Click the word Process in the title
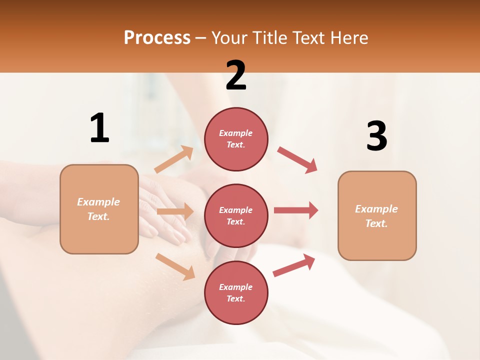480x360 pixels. pyautogui.click(x=157, y=37)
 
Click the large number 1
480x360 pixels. pyautogui.click(x=99, y=128)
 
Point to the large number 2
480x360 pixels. pyautogui.click(x=236, y=75)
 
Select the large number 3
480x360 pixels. pyautogui.click(x=376, y=136)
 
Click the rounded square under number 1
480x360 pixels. pyautogui.click(x=99, y=209)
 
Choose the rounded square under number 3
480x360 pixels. pyautogui.click(x=377, y=215)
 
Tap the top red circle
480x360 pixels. pyautogui.click(x=236, y=139)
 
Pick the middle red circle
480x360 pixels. pyautogui.click(x=236, y=215)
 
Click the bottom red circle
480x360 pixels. pyautogui.click(x=236, y=292)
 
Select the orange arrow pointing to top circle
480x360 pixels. pyautogui.click(x=174, y=159)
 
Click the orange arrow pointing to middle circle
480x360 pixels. pyautogui.click(x=175, y=211)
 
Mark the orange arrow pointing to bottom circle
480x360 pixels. pyautogui.click(x=175, y=266)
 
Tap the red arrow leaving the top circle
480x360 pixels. pyautogui.click(x=297, y=160)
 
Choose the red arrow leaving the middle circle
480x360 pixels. pyautogui.click(x=296, y=210)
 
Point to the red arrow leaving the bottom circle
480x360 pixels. pyautogui.click(x=294, y=265)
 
